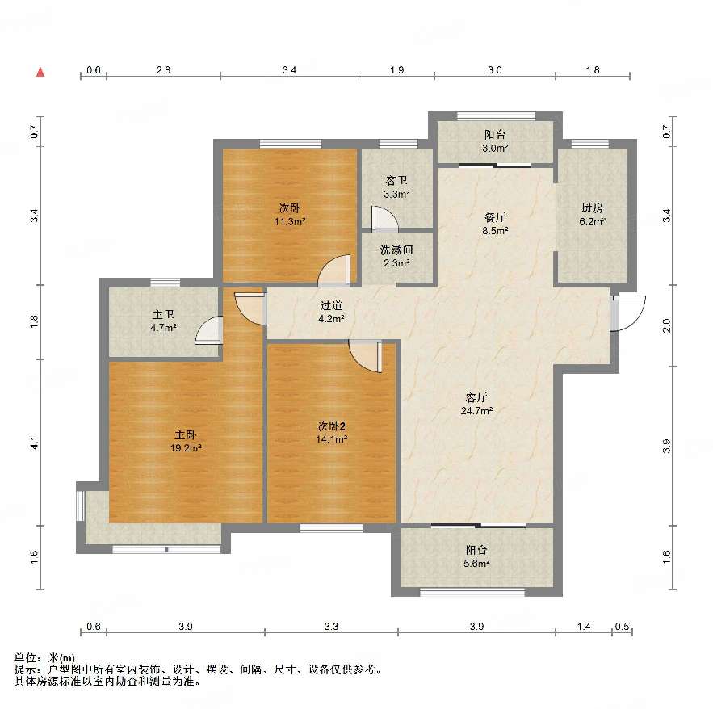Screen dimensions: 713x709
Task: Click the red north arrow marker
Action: pyautogui.click(x=40, y=72)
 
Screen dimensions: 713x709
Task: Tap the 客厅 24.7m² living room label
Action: pyautogui.click(x=476, y=405)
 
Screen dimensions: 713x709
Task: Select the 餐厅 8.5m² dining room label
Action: pyautogui.click(x=495, y=224)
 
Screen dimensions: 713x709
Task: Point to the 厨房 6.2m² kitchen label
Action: pyautogui.click(x=592, y=215)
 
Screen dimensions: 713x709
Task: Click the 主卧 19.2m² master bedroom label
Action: pyautogui.click(x=186, y=441)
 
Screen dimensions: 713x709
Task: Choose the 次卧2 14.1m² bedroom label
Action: pyautogui.click(x=332, y=433)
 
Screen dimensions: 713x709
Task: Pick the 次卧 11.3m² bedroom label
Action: pyautogui.click(x=289, y=215)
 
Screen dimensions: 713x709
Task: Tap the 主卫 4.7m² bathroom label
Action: pyautogui.click(x=163, y=321)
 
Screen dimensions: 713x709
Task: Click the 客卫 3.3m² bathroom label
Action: pyautogui.click(x=396, y=187)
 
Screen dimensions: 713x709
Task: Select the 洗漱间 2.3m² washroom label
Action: pyautogui.click(x=396, y=256)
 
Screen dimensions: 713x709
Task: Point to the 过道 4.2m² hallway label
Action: pyautogui.click(x=331, y=312)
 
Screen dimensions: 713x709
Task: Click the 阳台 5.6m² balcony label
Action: pyautogui.click(x=476, y=556)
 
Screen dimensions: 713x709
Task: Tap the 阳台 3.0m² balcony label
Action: pyautogui.click(x=495, y=141)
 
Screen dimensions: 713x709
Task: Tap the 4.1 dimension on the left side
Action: pyautogui.click(x=34, y=443)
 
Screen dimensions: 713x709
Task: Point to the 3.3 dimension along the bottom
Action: pyautogui.click(x=332, y=627)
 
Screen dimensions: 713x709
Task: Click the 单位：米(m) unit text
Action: pyautogui.click(x=44, y=657)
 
